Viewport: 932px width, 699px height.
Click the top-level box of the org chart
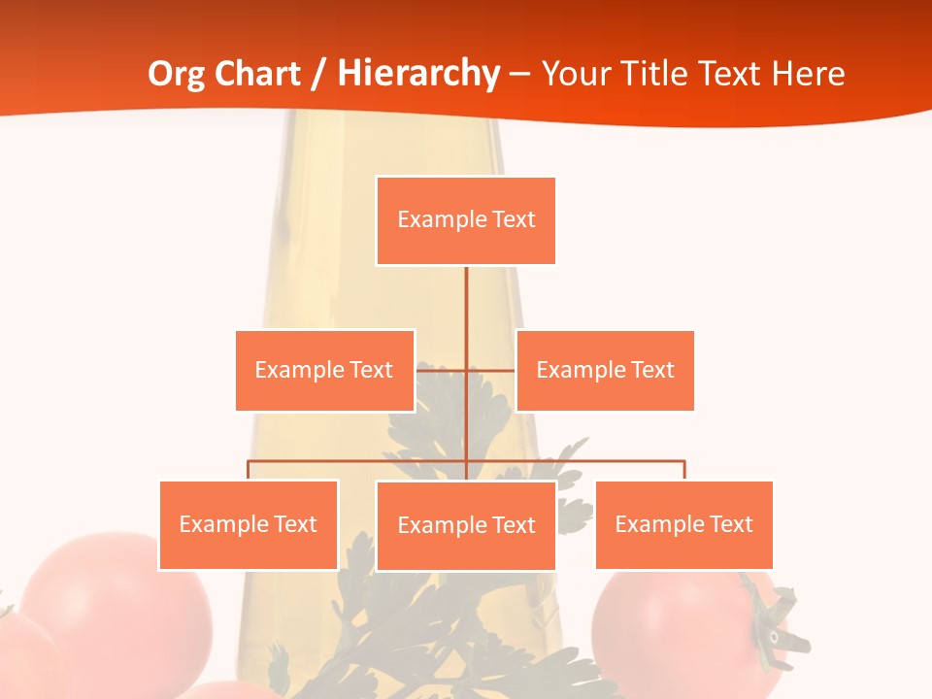[466, 220]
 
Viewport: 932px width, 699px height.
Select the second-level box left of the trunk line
[324, 370]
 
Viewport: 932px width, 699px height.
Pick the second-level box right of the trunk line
[605, 370]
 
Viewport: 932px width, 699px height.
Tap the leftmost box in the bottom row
[249, 524]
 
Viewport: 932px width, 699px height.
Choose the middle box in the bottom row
[466, 525]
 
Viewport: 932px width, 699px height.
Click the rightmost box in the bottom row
[683, 524]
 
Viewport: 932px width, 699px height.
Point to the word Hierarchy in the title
[417, 74]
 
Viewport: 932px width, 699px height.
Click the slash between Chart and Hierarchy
[317, 74]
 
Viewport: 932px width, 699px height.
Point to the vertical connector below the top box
[466, 311]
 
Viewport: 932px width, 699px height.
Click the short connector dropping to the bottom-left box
[249, 471]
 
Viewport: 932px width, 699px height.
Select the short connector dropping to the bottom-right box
[683, 471]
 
